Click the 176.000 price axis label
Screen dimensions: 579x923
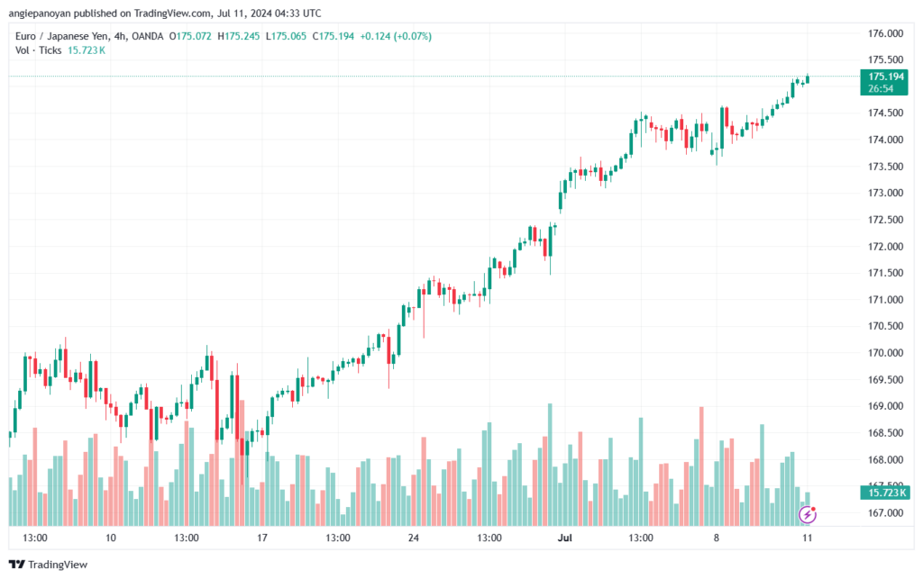point(884,33)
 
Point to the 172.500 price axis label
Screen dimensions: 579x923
point(884,220)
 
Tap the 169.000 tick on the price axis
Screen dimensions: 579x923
point(884,406)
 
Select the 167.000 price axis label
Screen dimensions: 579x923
point(884,513)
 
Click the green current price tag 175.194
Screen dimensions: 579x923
point(885,77)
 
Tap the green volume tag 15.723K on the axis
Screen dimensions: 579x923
point(885,493)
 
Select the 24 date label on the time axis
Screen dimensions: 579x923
point(414,538)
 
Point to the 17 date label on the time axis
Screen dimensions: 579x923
point(262,538)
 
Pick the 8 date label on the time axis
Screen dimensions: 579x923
point(717,538)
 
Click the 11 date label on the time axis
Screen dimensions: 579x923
point(808,538)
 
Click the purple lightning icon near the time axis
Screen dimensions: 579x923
point(809,514)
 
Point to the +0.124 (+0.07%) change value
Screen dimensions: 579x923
point(396,36)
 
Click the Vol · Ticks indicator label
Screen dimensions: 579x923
point(40,50)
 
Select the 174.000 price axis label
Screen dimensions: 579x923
point(884,140)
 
